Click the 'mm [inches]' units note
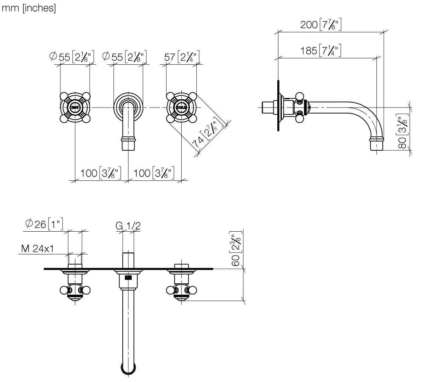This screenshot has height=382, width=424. tap(29, 8)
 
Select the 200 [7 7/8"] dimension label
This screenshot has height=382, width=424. tap(320, 25)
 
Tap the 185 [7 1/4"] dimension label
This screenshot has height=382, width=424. tap(320, 51)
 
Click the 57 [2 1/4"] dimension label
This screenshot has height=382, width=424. tap(182, 57)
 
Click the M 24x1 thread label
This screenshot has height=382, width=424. tap(37, 249)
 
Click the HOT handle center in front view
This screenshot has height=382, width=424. tap(75, 107)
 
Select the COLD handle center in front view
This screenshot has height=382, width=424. tap(181, 107)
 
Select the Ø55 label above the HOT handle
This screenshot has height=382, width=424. tap(72, 57)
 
